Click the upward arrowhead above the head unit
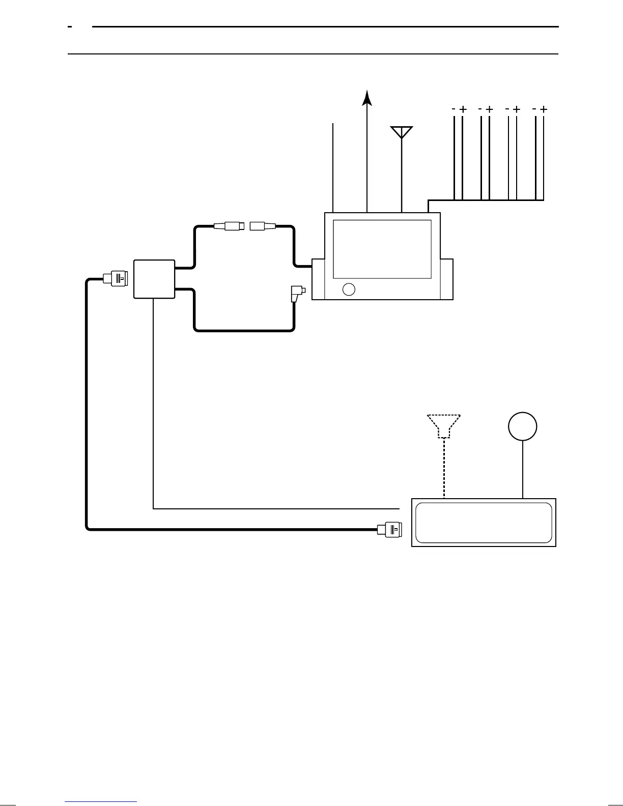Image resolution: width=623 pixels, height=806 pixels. coord(367,98)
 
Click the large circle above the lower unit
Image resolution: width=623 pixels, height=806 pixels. coord(523,426)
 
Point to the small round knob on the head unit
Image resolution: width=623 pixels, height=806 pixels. coord(349,289)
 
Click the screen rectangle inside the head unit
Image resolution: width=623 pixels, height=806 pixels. coord(382,249)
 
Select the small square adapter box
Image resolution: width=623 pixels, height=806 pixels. coord(154,279)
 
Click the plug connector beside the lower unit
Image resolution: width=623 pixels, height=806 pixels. coord(389,530)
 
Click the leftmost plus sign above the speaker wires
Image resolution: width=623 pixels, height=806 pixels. coord(463,109)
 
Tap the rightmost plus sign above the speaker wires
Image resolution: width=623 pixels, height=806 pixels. coord(544,109)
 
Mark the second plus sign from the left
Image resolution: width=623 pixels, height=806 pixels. coord(489,109)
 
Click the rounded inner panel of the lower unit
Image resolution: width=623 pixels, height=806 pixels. coord(484,523)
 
